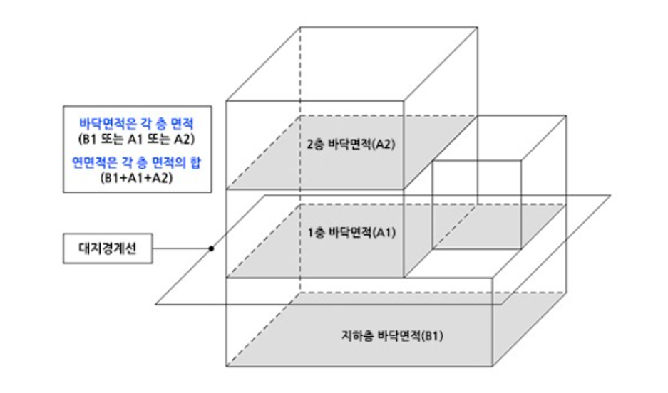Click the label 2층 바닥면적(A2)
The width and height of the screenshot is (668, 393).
(350, 145)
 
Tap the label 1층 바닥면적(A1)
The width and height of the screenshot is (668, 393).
(350, 232)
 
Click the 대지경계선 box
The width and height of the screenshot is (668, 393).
(107, 248)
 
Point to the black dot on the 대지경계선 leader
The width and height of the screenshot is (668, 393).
(211, 248)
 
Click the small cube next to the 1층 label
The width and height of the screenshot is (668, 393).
(476, 204)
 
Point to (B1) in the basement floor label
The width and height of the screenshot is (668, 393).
(433, 335)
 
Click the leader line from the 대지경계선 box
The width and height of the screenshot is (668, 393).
(182, 248)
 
